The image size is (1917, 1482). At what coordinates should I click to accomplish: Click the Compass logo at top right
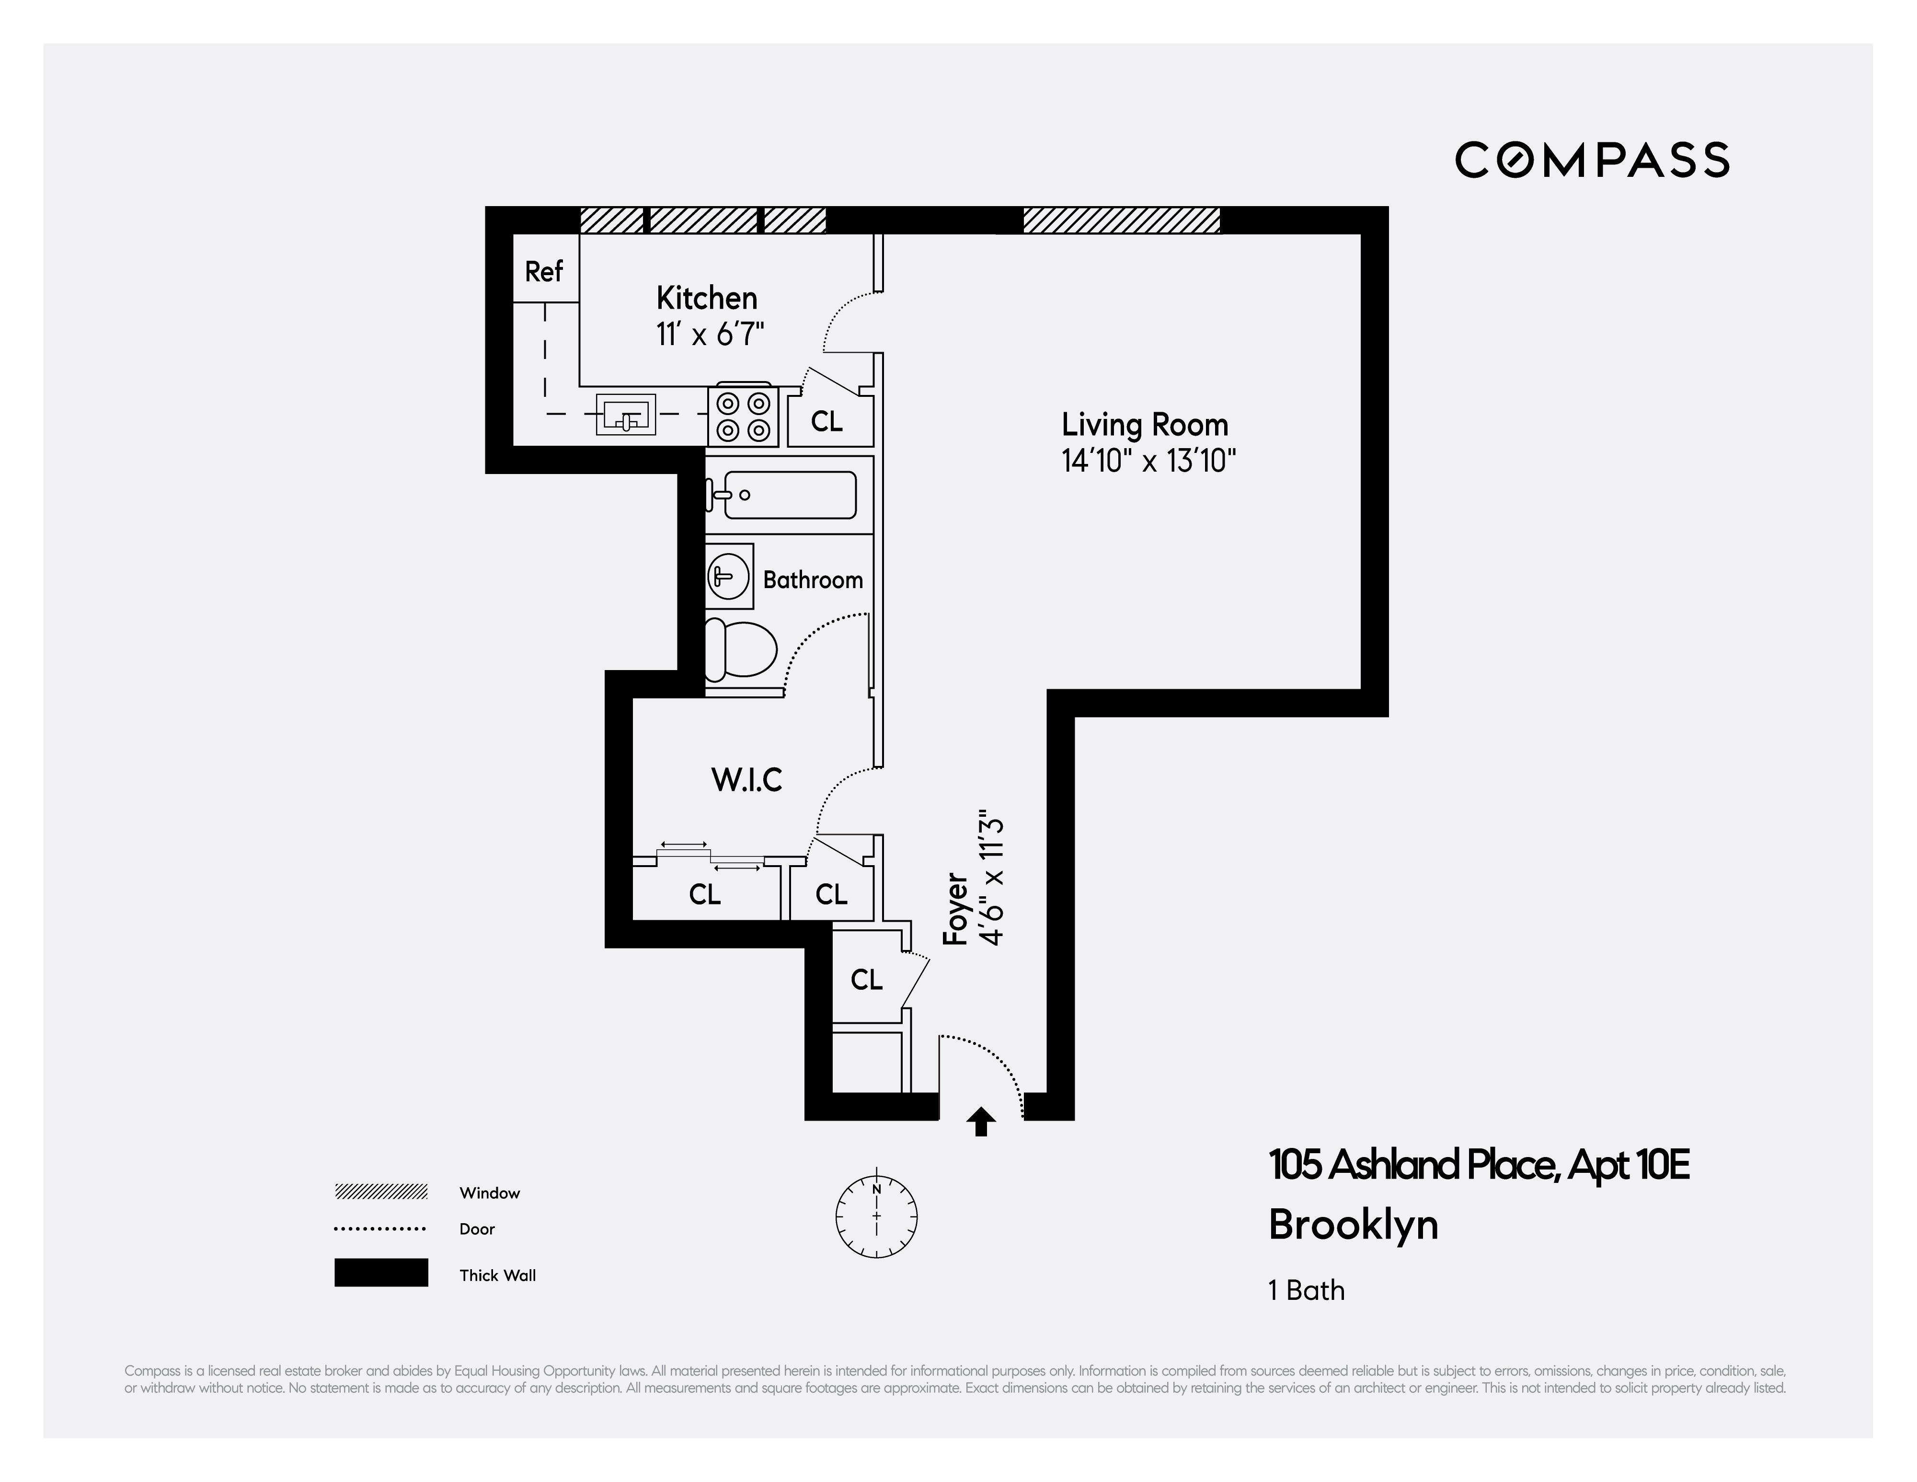point(1591,160)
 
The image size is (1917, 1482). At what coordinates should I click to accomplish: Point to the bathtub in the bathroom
point(781,495)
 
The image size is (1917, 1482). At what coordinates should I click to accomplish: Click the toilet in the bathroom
point(742,649)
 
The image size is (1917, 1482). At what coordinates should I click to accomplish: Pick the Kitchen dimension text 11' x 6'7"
point(710,335)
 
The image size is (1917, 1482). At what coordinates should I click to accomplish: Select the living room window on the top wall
point(1121,220)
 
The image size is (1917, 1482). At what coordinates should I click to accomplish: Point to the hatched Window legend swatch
point(381,1192)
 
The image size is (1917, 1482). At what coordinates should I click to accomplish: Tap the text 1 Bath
point(1306,1290)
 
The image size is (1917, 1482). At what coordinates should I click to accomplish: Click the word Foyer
point(955,909)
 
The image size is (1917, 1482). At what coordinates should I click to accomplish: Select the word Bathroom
point(813,579)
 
